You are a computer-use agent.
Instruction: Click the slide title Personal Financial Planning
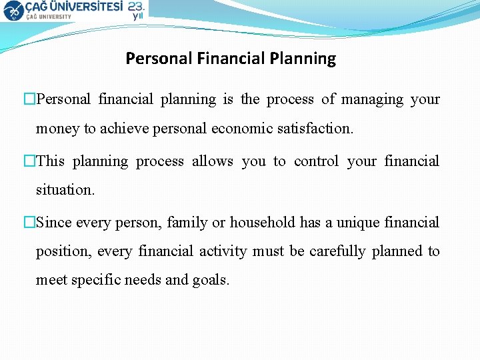click(231, 59)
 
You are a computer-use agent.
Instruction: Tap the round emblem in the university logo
click(13, 10)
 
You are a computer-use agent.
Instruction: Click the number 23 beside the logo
click(136, 6)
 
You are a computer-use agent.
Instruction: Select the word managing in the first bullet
click(373, 99)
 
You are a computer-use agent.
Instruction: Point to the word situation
click(65, 190)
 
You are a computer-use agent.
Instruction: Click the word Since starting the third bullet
click(55, 223)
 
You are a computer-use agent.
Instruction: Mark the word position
click(63, 251)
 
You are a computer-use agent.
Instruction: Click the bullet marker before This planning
click(29, 161)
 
